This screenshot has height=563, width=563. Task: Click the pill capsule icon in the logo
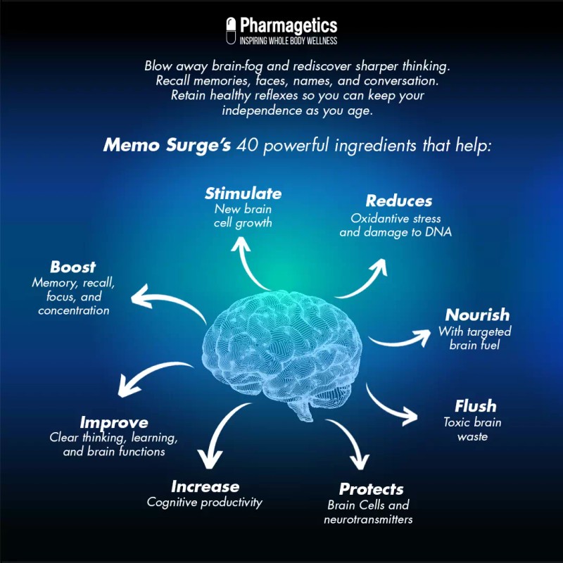point(230,32)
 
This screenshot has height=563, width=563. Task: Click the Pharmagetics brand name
point(289,26)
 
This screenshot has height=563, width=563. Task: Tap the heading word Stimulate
point(243,194)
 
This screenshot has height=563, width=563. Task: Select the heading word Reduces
point(399,202)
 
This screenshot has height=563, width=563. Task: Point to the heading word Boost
point(73,267)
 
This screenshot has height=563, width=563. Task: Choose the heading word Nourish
point(477,315)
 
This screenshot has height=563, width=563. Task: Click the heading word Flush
point(476,406)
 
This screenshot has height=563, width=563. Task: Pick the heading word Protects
point(371,489)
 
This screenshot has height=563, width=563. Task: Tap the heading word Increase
point(205,486)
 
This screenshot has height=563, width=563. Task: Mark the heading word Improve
point(114,422)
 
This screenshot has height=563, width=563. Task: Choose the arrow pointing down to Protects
point(352,443)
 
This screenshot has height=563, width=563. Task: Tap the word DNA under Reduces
point(436,232)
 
